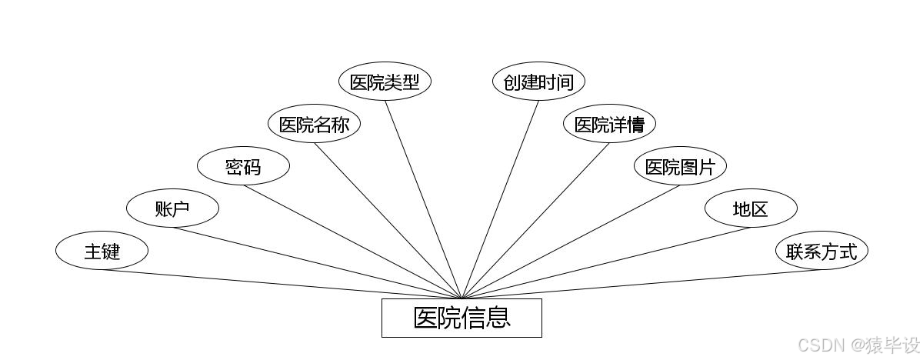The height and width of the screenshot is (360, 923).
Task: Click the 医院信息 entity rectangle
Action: (x=461, y=318)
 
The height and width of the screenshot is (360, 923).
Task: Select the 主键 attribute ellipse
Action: (x=102, y=251)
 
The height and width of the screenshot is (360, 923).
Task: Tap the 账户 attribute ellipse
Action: (x=172, y=208)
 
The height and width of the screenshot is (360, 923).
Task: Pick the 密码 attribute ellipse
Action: (x=243, y=167)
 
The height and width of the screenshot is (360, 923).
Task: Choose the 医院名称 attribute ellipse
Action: (x=314, y=125)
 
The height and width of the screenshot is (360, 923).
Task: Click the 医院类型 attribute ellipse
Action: (x=385, y=82)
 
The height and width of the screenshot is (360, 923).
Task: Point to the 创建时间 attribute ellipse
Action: (x=538, y=82)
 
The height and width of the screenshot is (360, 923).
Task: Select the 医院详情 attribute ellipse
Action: (x=609, y=125)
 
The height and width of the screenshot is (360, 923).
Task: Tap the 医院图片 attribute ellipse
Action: (x=680, y=167)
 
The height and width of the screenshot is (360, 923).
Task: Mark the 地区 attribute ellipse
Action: (x=751, y=208)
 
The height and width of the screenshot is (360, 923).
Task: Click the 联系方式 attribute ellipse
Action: (x=821, y=251)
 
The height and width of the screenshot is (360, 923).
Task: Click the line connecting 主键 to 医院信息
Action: (x=282, y=284)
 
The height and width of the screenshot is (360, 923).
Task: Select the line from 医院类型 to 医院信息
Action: (x=423, y=199)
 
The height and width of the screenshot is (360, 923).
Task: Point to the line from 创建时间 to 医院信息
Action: (x=500, y=199)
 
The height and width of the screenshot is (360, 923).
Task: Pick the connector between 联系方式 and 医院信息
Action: (x=641, y=284)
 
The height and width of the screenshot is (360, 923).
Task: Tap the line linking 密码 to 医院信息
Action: (x=352, y=242)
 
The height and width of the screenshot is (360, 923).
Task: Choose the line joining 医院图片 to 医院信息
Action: (x=571, y=242)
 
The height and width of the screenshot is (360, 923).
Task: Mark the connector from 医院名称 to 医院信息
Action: (x=388, y=221)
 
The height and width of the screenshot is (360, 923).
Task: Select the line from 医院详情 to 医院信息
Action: (x=535, y=221)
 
